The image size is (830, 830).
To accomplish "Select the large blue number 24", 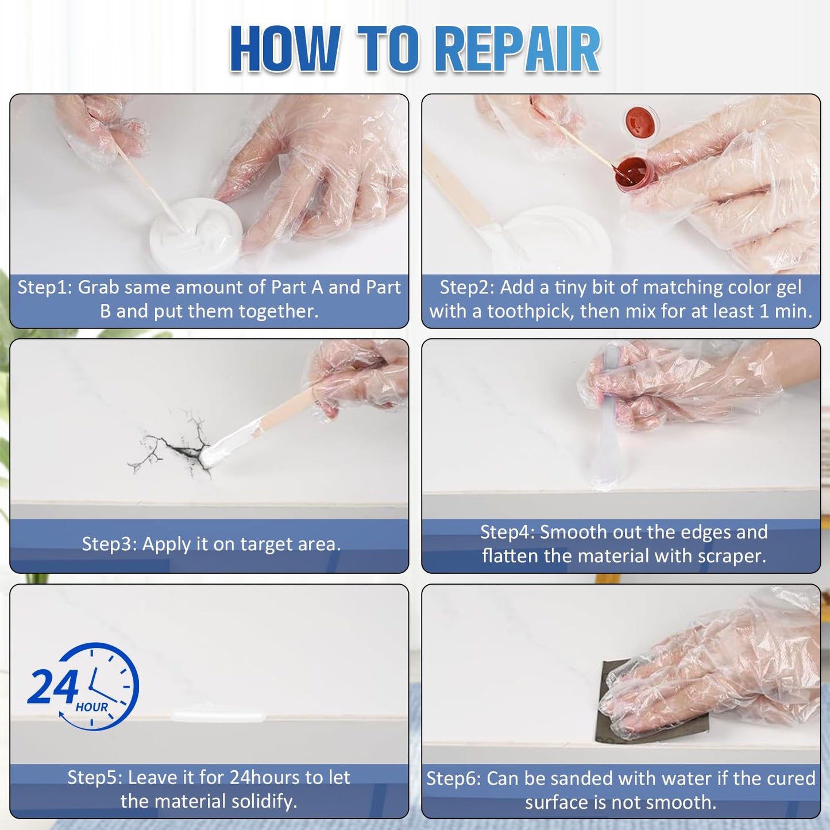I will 53,687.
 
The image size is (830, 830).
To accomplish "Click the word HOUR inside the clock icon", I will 92,707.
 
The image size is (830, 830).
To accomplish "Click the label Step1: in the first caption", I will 45,287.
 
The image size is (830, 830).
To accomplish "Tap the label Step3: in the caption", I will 109,544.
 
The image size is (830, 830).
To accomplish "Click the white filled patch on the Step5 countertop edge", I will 218,717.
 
